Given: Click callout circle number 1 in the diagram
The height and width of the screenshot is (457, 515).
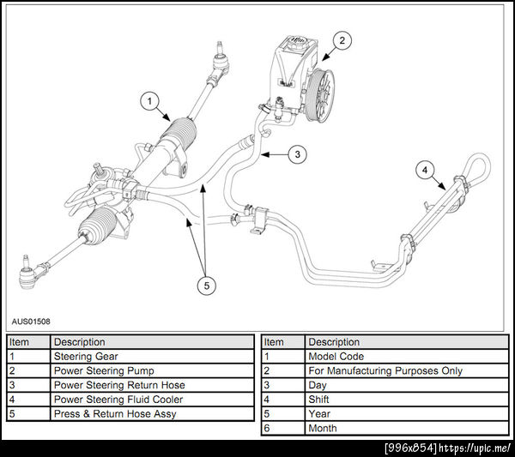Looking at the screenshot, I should click(x=149, y=102).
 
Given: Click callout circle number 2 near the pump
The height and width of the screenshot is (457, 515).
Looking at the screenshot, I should click(x=342, y=39).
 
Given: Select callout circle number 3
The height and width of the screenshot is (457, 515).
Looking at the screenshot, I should click(x=295, y=155).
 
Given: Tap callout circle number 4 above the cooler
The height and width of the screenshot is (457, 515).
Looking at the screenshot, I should click(x=424, y=170).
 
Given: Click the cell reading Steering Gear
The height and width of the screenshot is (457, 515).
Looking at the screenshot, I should click(x=86, y=357).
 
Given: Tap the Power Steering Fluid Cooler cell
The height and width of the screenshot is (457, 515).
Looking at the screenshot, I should click(x=118, y=400).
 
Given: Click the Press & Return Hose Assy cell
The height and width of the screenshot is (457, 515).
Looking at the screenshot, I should click(x=113, y=414).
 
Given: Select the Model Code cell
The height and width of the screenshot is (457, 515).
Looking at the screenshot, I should click(x=336, y=357).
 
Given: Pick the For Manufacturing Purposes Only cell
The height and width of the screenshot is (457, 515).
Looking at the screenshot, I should click(x=385, y=371).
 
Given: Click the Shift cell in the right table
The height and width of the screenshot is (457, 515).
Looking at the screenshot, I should click(x=320, y=400).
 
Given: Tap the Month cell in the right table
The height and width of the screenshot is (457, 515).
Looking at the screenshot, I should click(x=323, y=429).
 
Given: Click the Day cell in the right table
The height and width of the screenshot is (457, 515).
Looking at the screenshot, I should click(x=318, y=386).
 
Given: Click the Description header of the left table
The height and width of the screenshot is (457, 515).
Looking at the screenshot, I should click(x=80, y=342).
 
